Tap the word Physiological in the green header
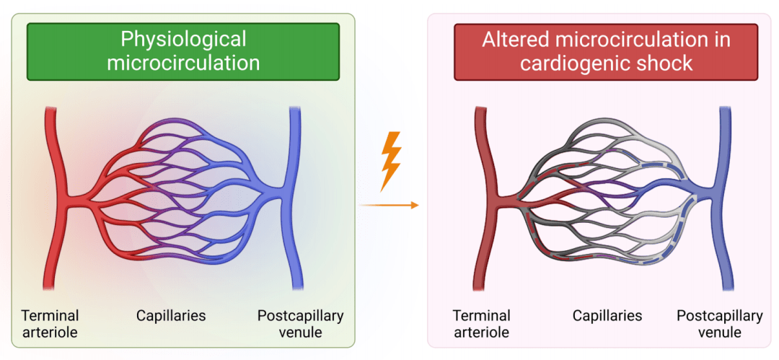(183, 38)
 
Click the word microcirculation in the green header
(183, 63)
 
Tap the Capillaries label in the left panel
(171, 315)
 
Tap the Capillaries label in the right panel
(607, 315)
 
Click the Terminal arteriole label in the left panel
(50, 324)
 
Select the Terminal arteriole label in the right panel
(481, 324)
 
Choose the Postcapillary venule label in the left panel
(300, 324)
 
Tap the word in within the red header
(722, 39)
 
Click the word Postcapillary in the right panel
(719, 316)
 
